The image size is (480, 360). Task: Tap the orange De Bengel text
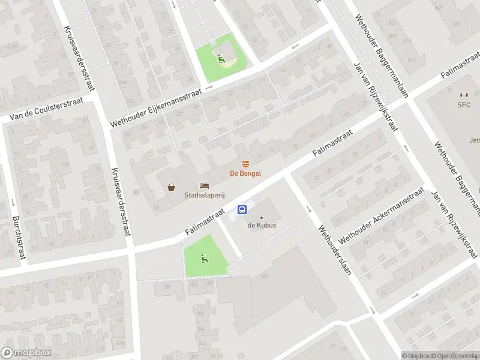click(246, 174)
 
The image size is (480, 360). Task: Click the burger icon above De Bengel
click(245, 164)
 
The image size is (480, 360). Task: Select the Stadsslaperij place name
click(204, 196)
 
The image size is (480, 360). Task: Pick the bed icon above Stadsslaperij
click(204, 186)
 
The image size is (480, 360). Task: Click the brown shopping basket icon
click(172, 187)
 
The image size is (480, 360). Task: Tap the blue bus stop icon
click(242, 209)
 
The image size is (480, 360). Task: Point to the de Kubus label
click(261, 226)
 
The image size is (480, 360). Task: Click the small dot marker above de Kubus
click(261, 217)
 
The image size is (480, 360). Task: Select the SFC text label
click(463, 104)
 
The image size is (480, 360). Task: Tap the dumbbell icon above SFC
click(463, 95)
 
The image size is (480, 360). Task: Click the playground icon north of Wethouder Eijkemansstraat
click(221, 59)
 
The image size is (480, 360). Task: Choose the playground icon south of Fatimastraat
click(205, 259)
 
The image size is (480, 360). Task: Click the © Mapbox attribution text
click(416, 356)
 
